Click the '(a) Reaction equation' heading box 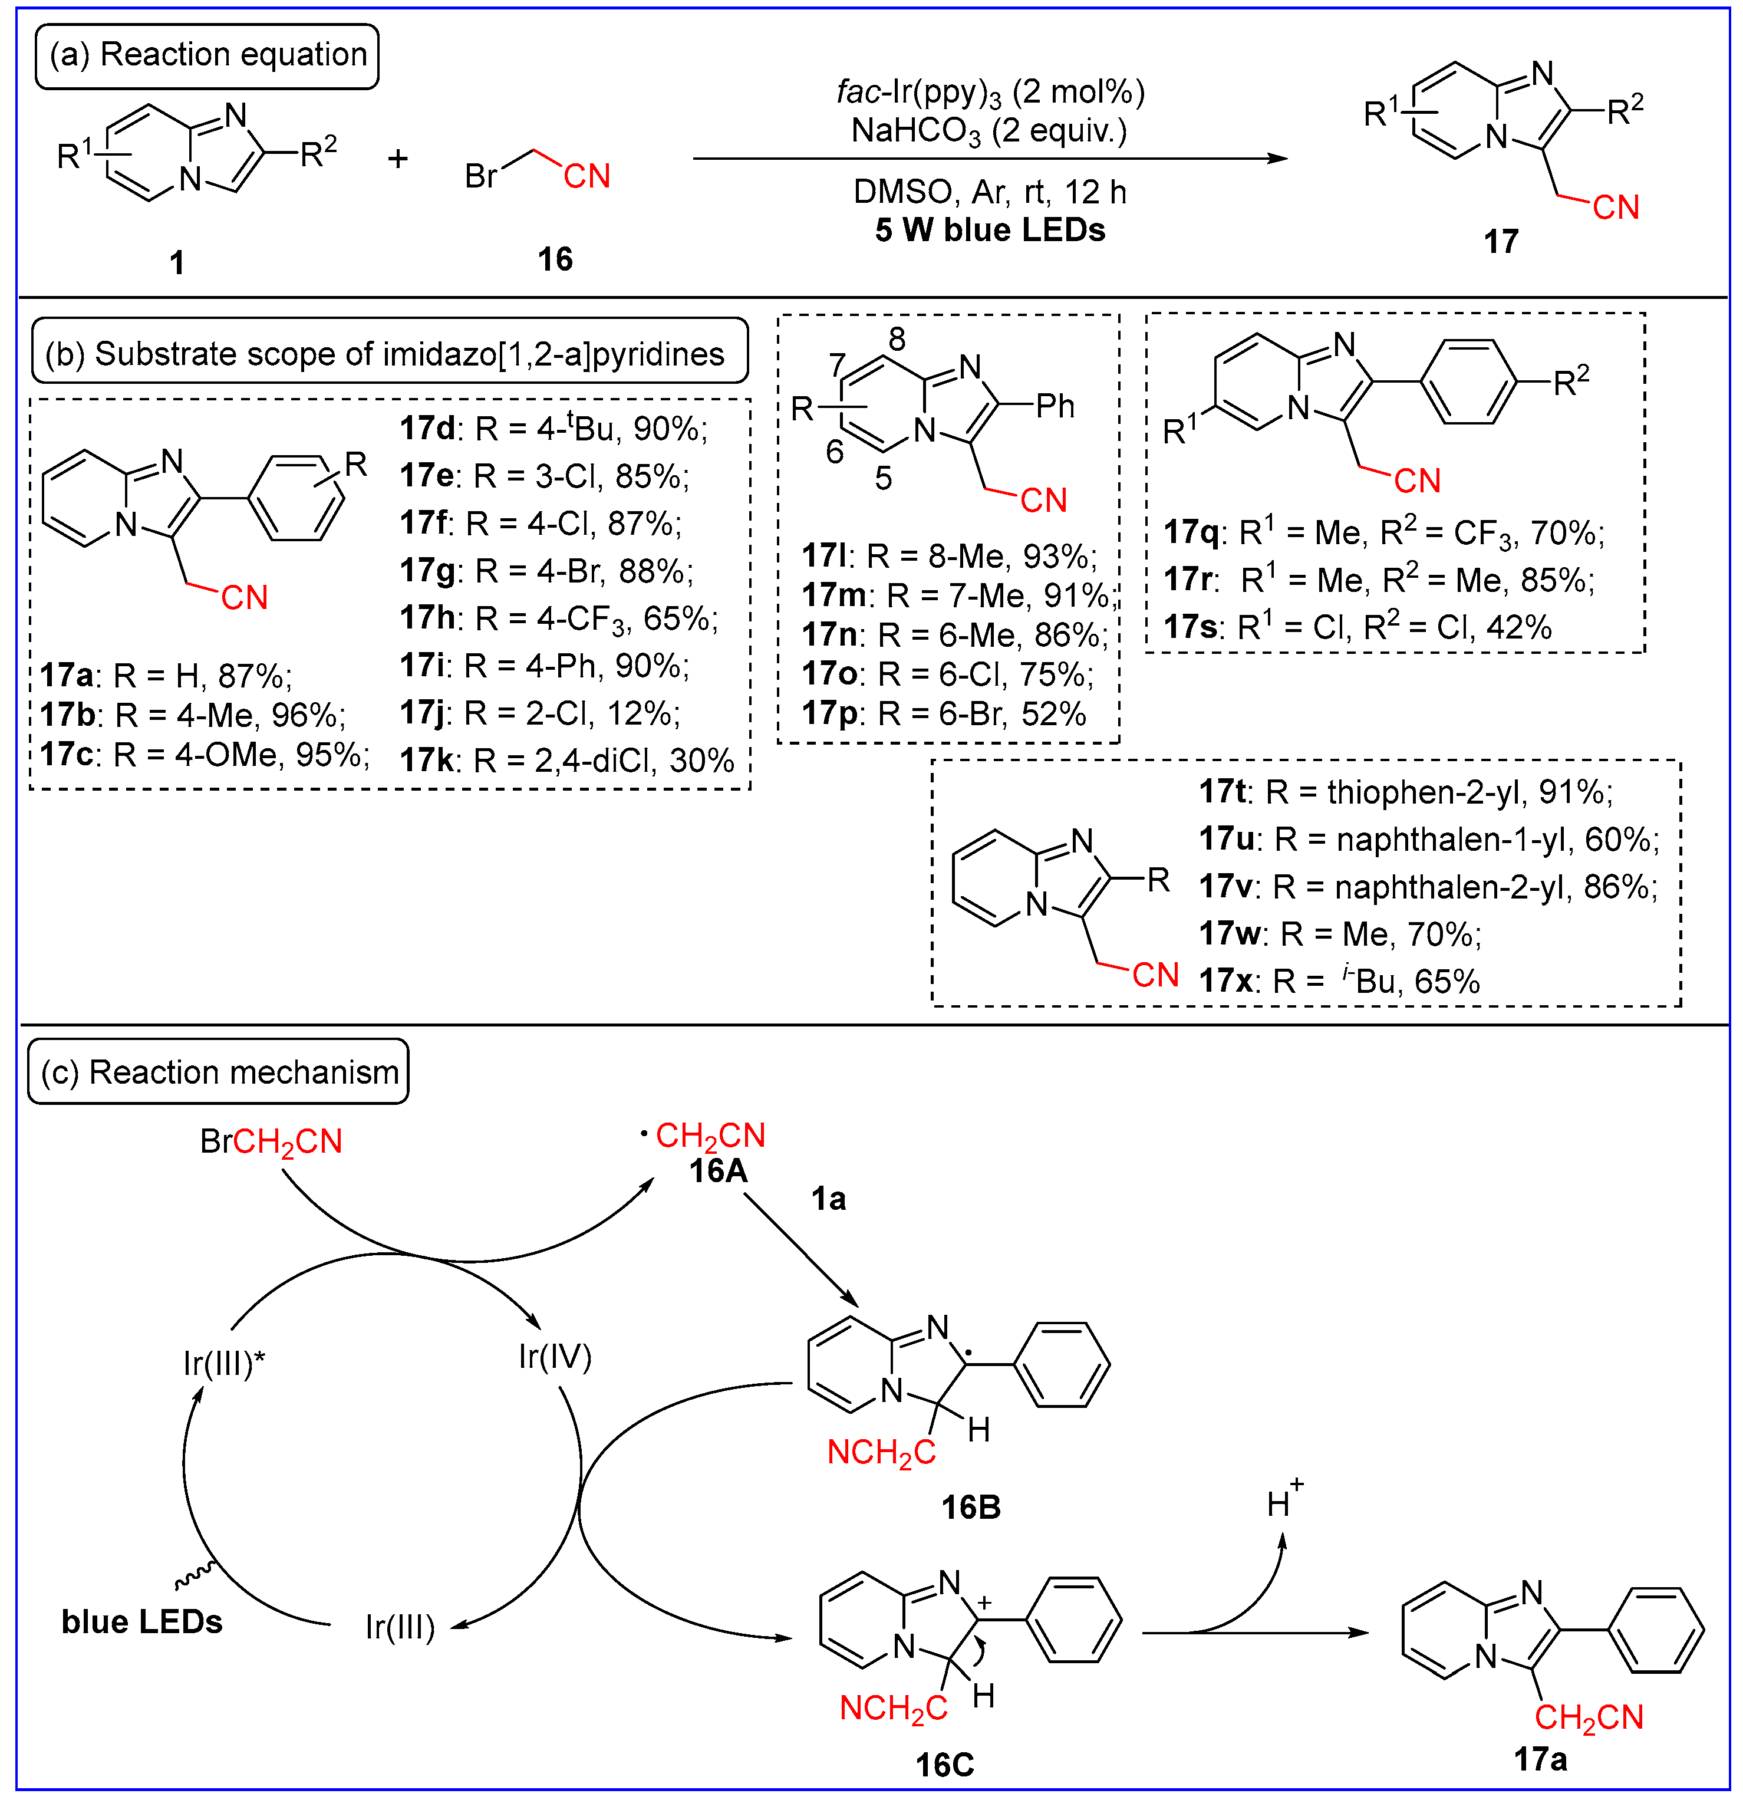pyautogui.click(x=207, y=56)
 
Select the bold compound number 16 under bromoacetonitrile pyautogui.click(x=555, y=260)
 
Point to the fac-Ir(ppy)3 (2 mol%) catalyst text pyautogui.click(x=989, y=93)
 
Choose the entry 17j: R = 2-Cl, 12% pyautogui.click(x=540, y=713)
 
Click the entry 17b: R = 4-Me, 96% pyautogui.click(x=193, y=715)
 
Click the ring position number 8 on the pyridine pyautogui.click(x=897, y=340)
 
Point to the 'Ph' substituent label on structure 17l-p pyautogui.click(x=1055, y=406)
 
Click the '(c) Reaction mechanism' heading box pyautogui.click(x=219, y=1072)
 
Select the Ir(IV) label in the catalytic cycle pyautogui.click(x=555, y=1357)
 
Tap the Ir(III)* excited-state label pyautogui.click(x=223, y=1364)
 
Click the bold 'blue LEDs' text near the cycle pyautogui.click(x=141, y=1623)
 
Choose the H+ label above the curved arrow pyautogui.click(x=1283, y=1502)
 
